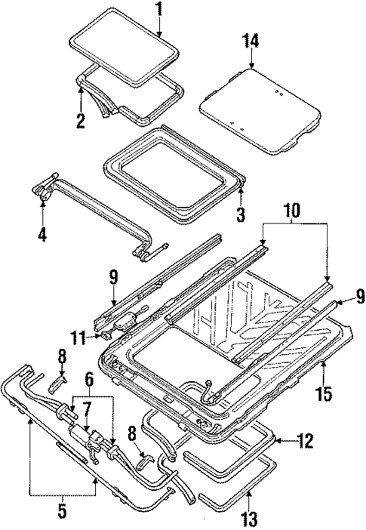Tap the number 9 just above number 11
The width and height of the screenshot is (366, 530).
point(113,277)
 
